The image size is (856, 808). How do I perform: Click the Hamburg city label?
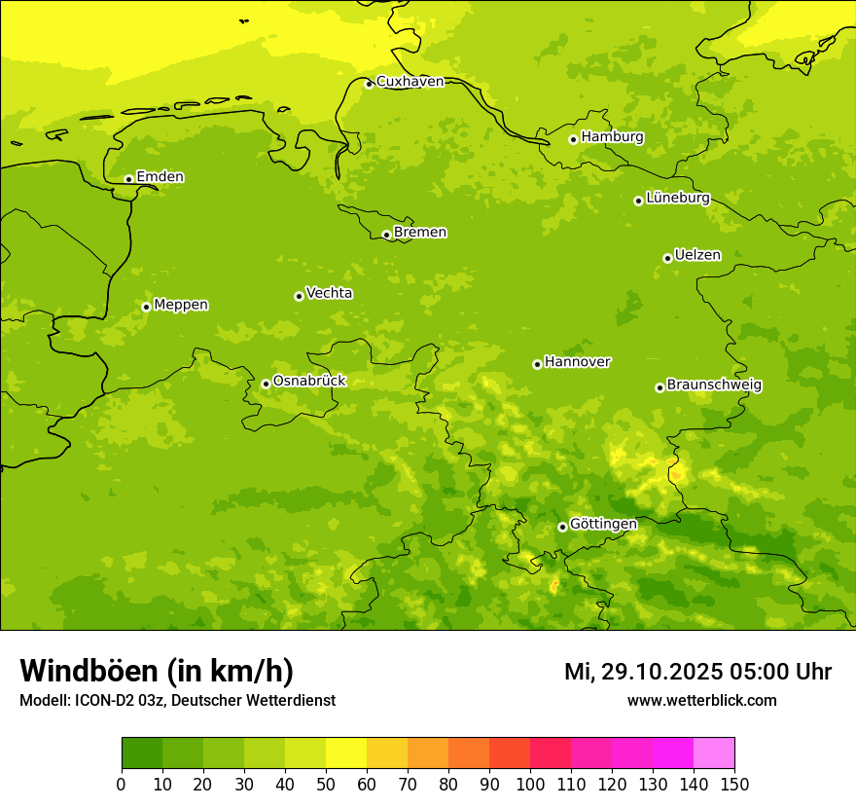pyautogui.click(x=612, y=137)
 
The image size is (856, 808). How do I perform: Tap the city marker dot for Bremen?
pyautogui.click(x=386, y=235)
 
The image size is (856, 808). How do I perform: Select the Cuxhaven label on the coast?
pyautogui.click(x=410, y=82)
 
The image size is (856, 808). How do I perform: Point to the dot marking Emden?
pyautogui.click(x=128, y=179)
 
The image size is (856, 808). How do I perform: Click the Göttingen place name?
pyautogui.click(x=603, y=525)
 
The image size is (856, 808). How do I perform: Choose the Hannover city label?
pyautogui.click(x=577, y=362)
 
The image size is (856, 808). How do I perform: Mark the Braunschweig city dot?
pyautogui.click(x=660, y=387)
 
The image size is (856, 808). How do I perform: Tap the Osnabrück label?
pyautogui.click(x=309, y=382)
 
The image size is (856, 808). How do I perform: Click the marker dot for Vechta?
pyautogui.click(x=299, y=296)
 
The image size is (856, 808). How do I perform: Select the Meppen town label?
pyautogui.click(x=181, y=305)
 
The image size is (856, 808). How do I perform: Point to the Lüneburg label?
pyautogui.click(x=677, y=198)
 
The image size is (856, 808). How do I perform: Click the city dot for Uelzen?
pyautogui.click(x=667, y=258)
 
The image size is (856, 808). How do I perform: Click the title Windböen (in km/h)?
pyautogui.click(x=157, y=671)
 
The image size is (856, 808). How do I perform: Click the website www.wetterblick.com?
pyautogui.click(x=701, y=700)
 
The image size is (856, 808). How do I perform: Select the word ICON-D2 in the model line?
pyautogui.click(x=106, y=700)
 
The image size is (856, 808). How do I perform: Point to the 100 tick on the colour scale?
pyautogui.click(x=530, y=784)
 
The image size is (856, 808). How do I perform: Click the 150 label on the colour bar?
pyautogui.click(x=734, y=784)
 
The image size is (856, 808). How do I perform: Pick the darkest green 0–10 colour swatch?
pyautogui.click(x=142, y=753)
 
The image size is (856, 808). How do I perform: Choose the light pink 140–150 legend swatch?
pyautogui.click(x=714, y=753)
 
